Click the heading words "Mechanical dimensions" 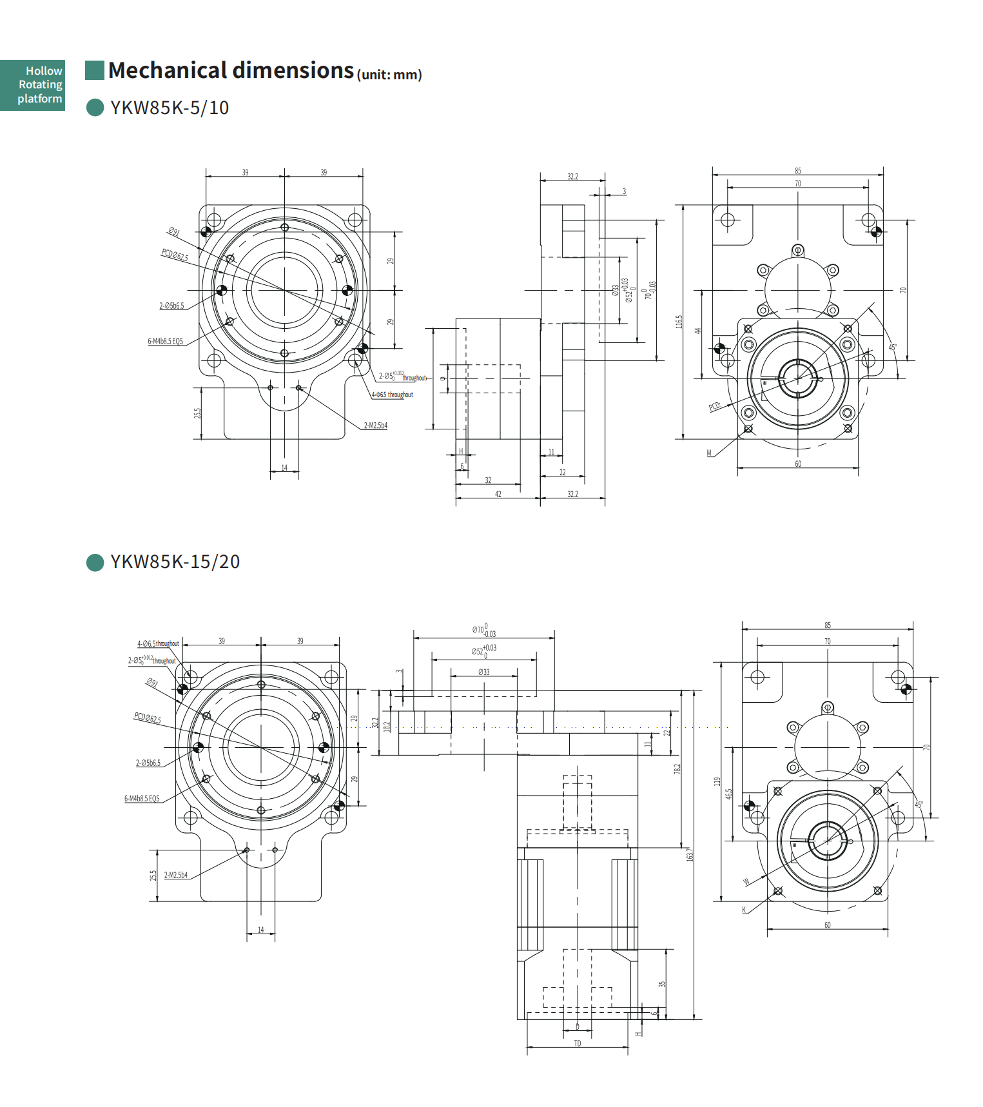click(x=231, y=70)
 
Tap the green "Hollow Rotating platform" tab click(x=33, y=84)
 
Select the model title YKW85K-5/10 click(x=170, y=108)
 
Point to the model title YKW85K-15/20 click(x=175, y=562)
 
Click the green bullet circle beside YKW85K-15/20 click(x=95, y=562)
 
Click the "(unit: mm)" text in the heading click(x=389, y=75)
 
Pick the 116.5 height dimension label click(x=679, y=322)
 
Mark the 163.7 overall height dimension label click(x=689, y=854)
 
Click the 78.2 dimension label click(x=677, y=769)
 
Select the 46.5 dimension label click(x=729, y=794)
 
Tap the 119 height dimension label click(x=717, y=781)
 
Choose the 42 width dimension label click(x=498, y=494)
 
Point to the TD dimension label click(x=578, y=1043)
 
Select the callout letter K click(x=744, y=910)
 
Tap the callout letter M click(x=710, y=453)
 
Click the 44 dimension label click(x=697, y=331)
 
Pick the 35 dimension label click(x=661, y=985)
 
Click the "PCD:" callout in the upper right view click(x=715, y=406)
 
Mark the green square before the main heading click(x=95, y=70)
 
